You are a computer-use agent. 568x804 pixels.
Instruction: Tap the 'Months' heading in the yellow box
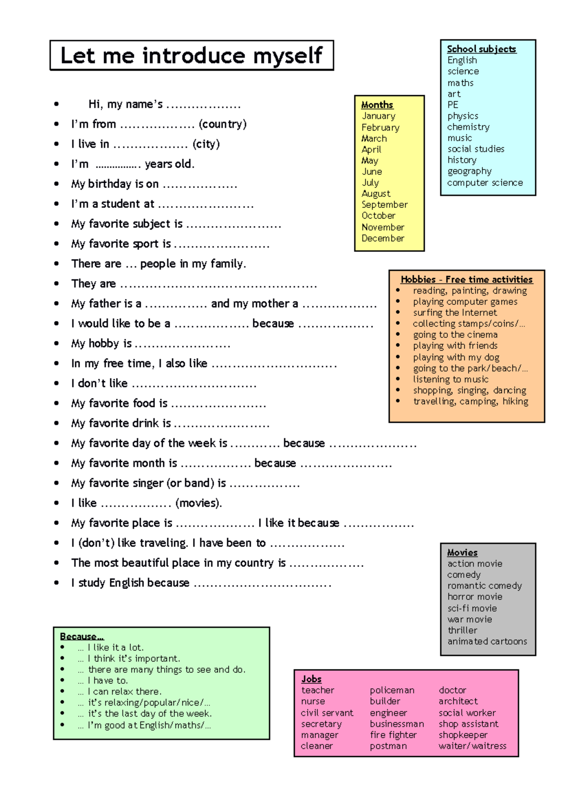click(377, 105)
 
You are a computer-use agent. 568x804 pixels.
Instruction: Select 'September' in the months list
click(384, 205)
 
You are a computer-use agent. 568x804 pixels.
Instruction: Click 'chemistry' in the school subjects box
click(468, 127)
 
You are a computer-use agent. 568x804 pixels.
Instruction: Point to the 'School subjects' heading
click(481, 49)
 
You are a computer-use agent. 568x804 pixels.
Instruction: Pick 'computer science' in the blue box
click(485, 183)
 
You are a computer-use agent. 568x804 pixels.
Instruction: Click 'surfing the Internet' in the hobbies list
click(454, 313)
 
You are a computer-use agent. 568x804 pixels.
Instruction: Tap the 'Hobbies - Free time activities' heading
click(466, 280)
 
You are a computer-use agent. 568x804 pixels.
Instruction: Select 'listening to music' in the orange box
click(450, 379)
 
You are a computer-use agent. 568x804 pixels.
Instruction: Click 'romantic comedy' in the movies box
click(484, 586)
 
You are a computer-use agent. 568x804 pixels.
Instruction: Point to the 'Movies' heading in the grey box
click(462, 553)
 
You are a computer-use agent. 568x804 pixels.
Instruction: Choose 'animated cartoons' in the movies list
click(487, 641)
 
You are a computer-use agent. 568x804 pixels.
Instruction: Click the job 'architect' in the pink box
click(458, 701)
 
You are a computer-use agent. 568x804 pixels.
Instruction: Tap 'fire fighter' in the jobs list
click(393, 735)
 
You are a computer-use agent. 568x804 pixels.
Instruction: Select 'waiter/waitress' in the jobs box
click(472, 746)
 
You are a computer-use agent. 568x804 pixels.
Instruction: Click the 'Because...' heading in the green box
click(82, 636)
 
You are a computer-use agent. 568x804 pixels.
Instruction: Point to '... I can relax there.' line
click(119, 692)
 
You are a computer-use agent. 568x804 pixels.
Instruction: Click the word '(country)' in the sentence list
click(222, 124)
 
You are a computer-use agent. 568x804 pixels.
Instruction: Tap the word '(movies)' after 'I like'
click(198, 503)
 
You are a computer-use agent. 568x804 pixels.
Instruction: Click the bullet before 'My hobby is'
click(56, 343)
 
